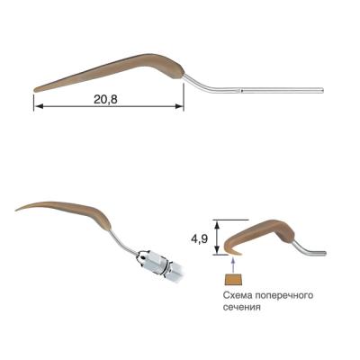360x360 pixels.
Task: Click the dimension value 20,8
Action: (105, 99)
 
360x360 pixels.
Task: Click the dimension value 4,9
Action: (199, 239)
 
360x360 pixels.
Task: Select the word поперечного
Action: (283, 296)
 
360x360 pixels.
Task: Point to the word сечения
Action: (241, 307)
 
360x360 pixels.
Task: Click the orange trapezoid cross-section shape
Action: (233, 279)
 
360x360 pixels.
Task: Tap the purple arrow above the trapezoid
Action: (233, 265)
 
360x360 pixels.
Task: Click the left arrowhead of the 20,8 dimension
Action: (37, 106)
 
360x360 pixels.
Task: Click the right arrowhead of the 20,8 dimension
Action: (179, 106)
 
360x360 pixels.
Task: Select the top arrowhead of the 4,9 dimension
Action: (219, 224)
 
